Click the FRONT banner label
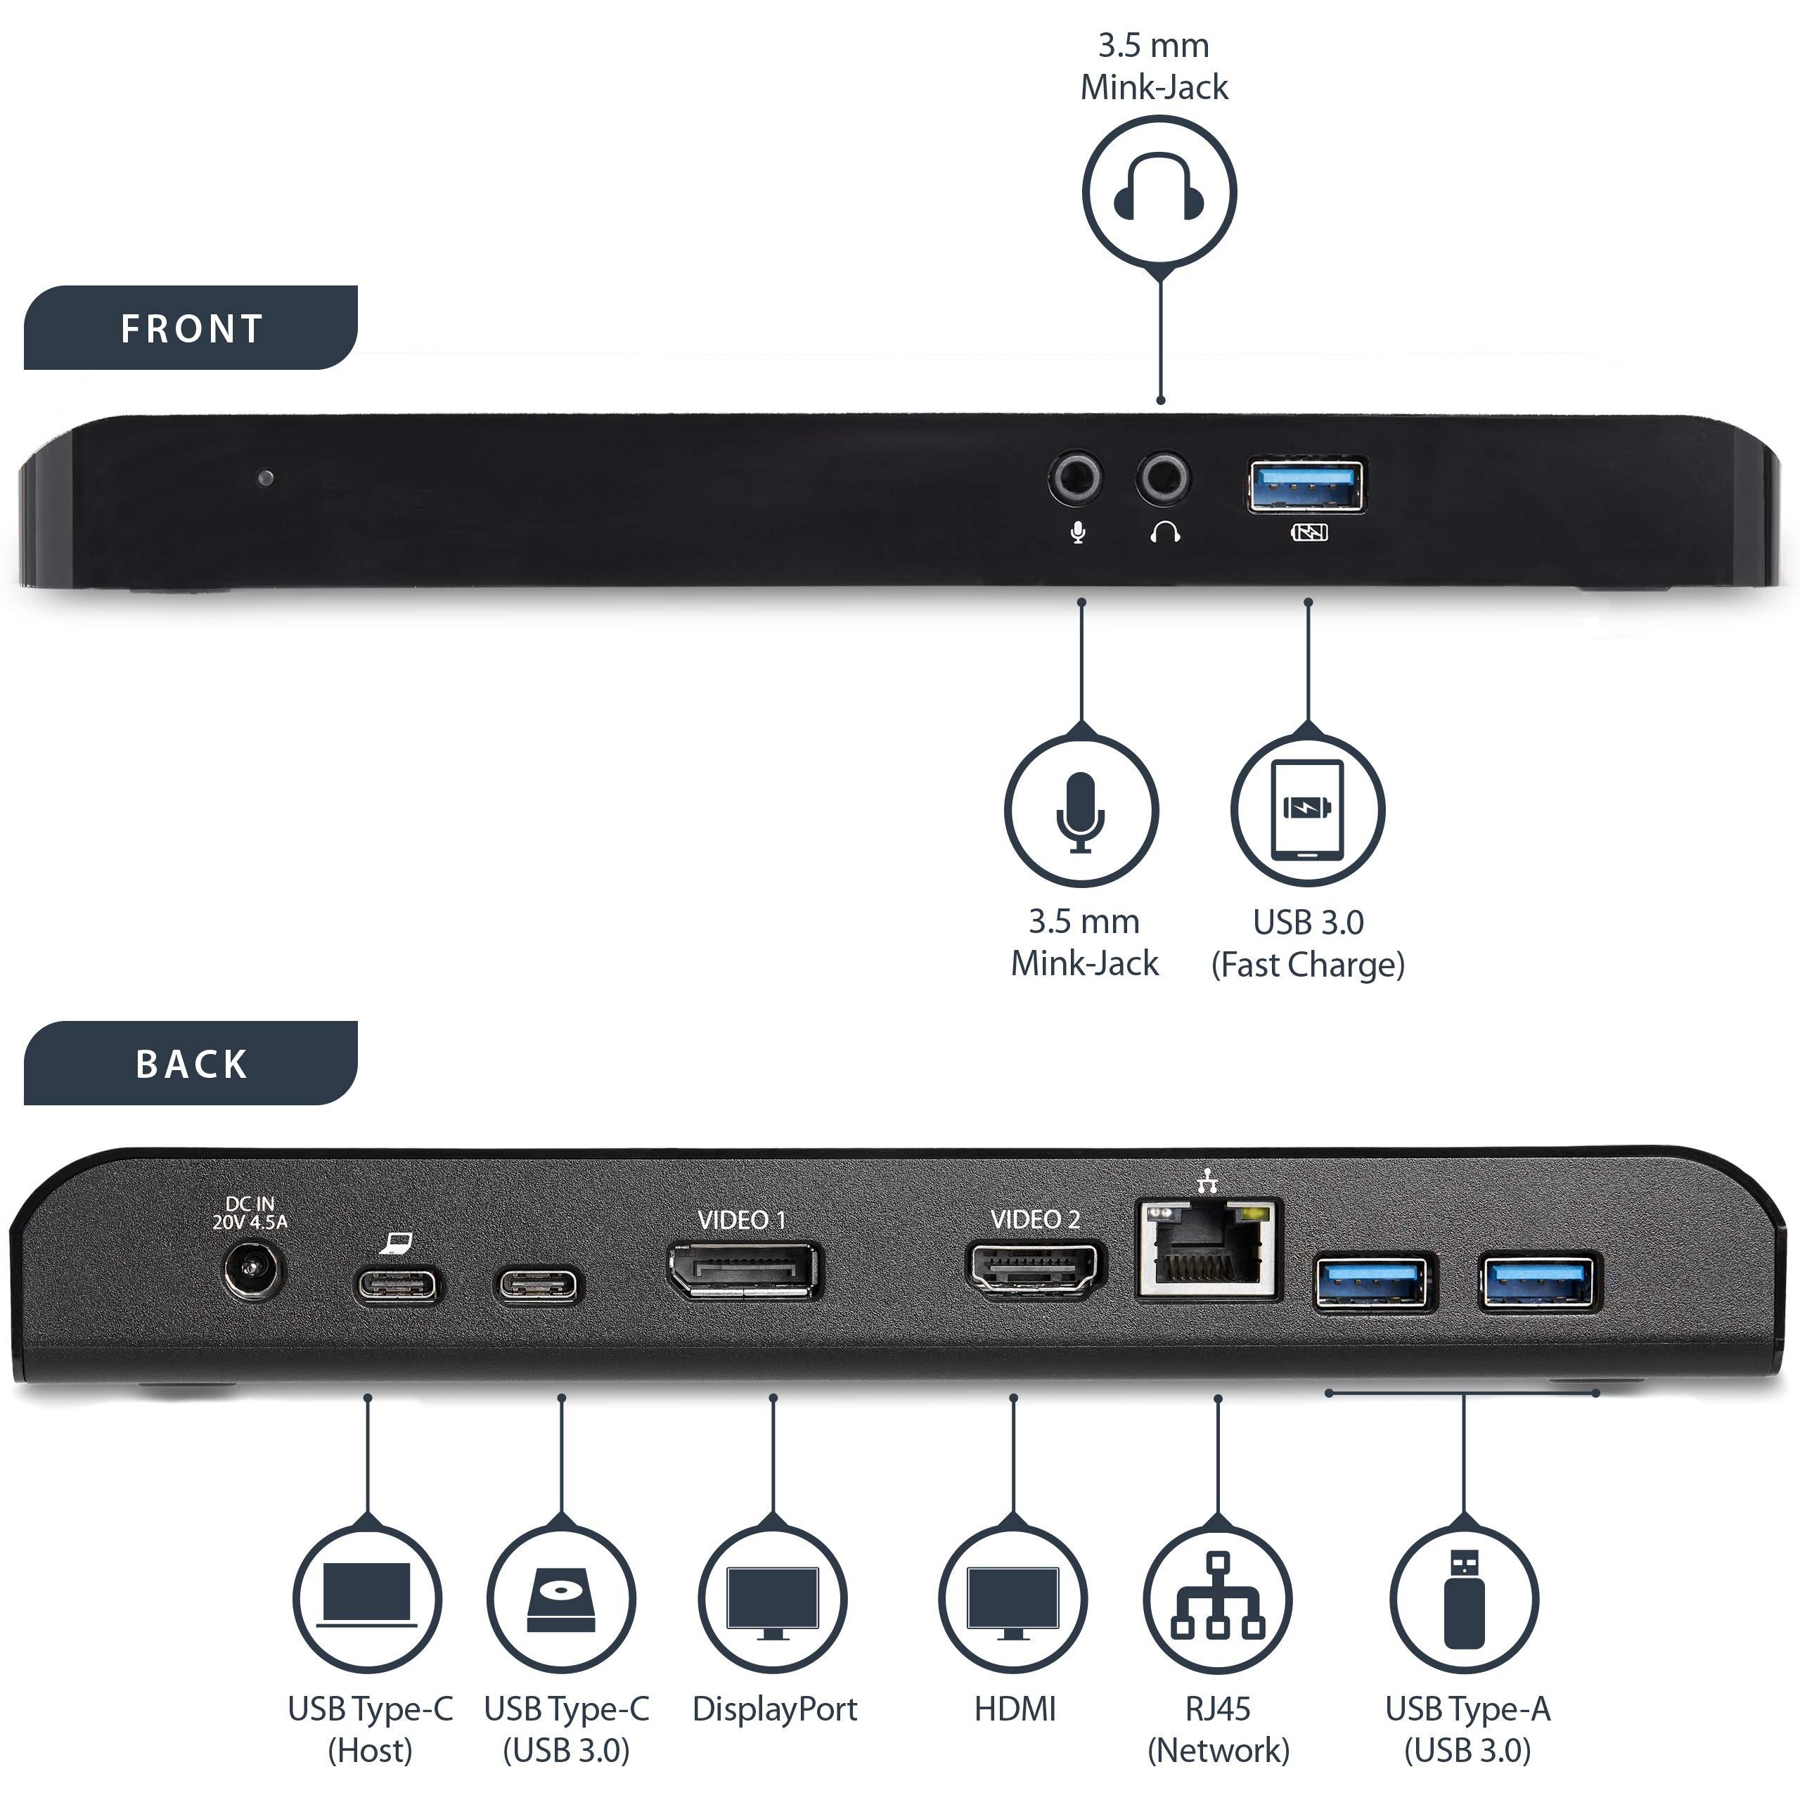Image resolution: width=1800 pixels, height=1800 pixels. [x=191, y=328]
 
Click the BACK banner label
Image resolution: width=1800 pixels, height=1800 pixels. [x=191, y=1063]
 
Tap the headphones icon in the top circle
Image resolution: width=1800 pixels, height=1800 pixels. [x=1159, y=189]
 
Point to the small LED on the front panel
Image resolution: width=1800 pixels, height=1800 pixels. [x=266, y=478]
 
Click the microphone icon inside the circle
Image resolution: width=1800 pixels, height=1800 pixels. [x=1081, y=811]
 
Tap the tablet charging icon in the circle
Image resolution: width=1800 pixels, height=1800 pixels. [x=1308, y=809]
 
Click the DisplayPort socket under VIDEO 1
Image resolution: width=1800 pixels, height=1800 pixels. [x=743, y=1270]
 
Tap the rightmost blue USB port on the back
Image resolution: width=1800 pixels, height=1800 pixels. [x=1539, y=1283]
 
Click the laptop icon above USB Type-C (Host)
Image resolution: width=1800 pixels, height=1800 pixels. [x=367, y=1597]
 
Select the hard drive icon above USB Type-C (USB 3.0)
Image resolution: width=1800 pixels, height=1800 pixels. [x=561, y=1599]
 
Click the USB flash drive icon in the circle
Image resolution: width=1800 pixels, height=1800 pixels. [x=1464, y=1599]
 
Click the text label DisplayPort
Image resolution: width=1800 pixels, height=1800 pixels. [x=774, y=1709]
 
